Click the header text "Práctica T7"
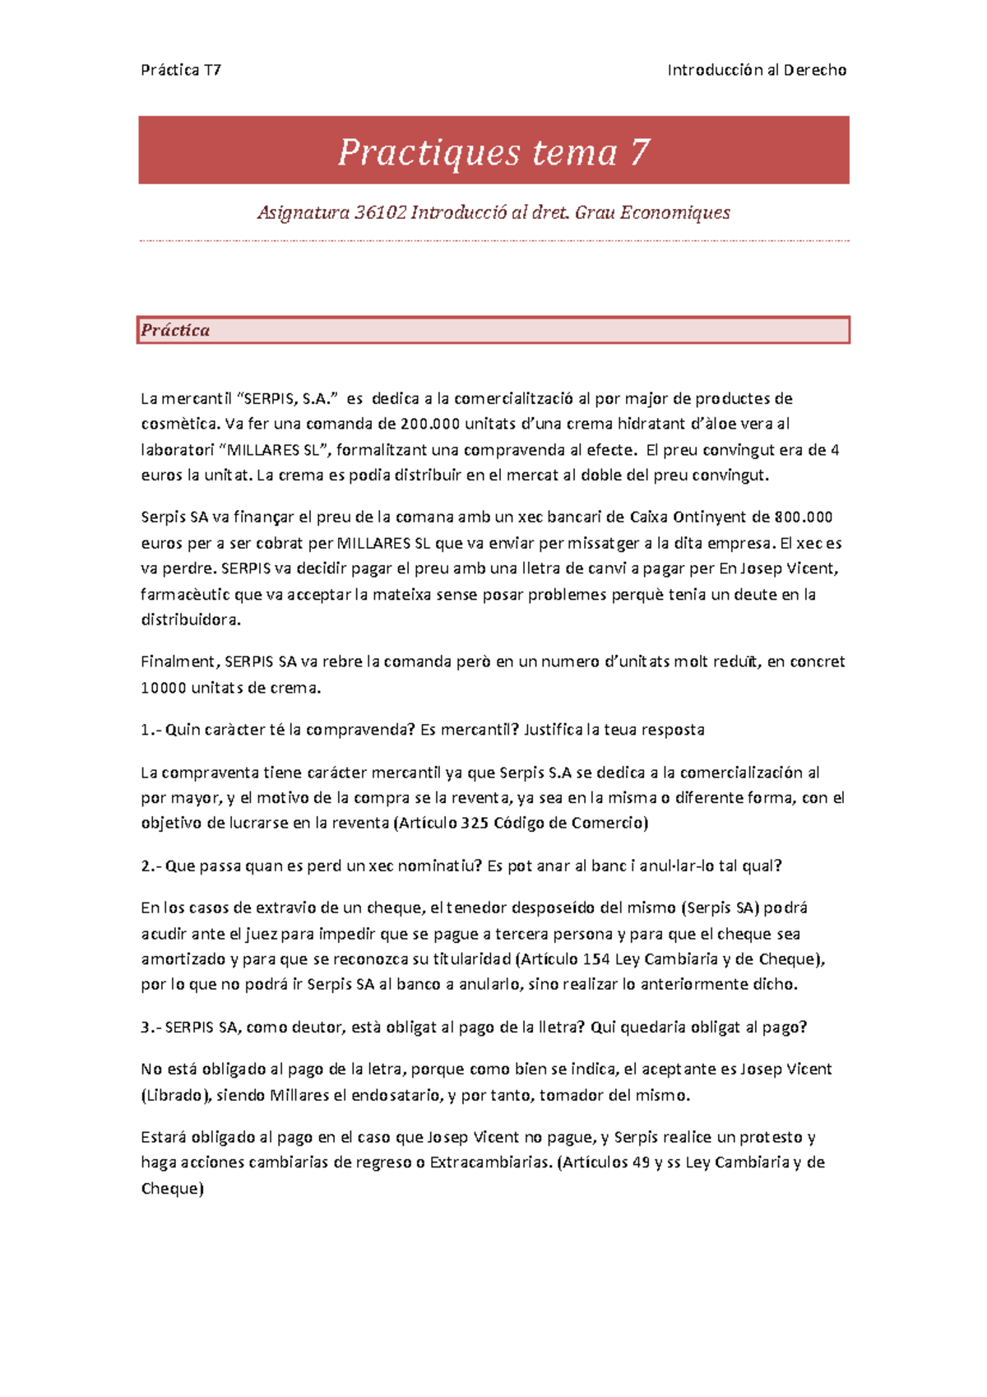click(x=181, y=70)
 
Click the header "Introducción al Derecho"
click(x=757, y=70)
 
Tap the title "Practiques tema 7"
click(x=493, y=152)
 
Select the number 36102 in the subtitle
click(x=380, y=213)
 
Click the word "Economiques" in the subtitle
click(x=674, y=213)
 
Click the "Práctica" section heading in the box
click(x=175, y=330)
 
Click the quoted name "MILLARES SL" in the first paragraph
click(x=279, y=450)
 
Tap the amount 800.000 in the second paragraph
click(x=804, y=517)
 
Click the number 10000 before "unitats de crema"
click(x=163, y=688)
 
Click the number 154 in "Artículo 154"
click(x=596, y=959)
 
